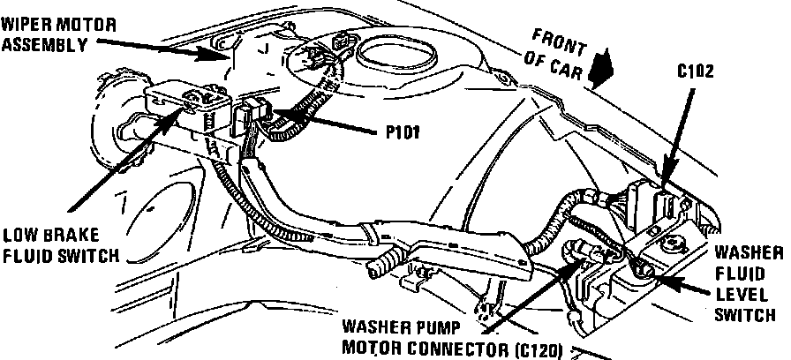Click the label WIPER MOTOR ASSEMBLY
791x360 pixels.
pos(57,33)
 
